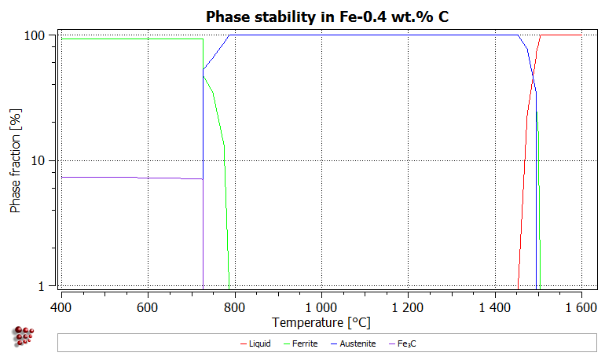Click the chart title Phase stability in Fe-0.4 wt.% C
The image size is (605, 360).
[x=327, y=17]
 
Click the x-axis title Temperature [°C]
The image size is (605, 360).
[x=321, y=322]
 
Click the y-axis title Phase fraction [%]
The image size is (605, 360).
[x=15, y=162]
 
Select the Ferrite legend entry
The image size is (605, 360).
[x=302, y=343]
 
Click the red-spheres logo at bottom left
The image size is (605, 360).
[x=25, y=336]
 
